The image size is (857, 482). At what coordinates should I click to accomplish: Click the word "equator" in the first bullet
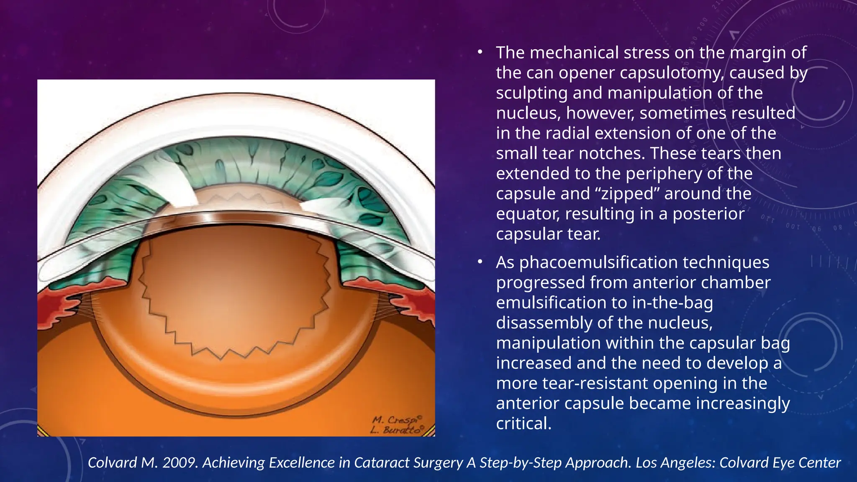(528, 214)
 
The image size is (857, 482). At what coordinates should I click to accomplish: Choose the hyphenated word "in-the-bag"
(672, 303)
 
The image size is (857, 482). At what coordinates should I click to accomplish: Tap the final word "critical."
(523, 423)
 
